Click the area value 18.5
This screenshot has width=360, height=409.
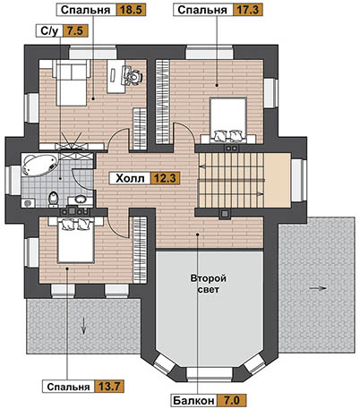point(131,10)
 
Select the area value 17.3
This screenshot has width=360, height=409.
point(247,10)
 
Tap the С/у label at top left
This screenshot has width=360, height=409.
point(49,30)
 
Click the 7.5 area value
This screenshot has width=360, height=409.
point(75,30)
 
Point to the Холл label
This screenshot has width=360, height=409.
point(130,178)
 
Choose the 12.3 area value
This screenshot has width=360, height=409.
point(165,178)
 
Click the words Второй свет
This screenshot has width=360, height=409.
point(209,284)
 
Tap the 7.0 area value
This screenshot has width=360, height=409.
point(231,400)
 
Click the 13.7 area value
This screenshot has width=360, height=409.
point(109,387)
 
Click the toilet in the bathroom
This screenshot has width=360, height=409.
point(53,199)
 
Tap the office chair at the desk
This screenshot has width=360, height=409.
point(133,77)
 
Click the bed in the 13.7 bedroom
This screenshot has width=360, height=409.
point(75,240)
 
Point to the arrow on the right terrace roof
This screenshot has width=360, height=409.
point(318,288)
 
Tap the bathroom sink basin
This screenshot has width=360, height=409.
point(80,199)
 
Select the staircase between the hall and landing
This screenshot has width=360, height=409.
point(231,180)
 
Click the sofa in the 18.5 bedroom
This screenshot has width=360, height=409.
point(72,82)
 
